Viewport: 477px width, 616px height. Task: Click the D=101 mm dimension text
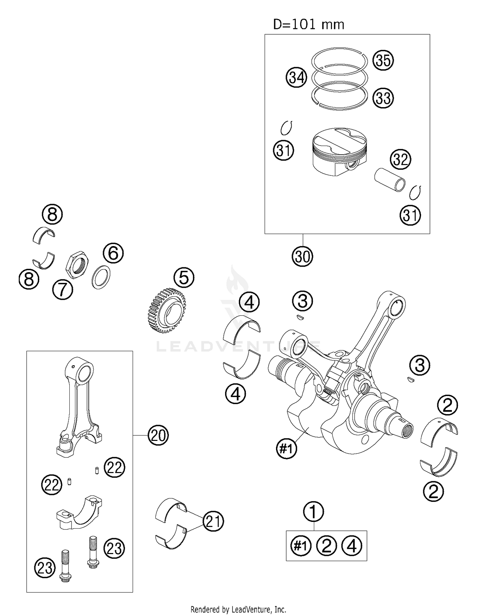click(x=308, y=24)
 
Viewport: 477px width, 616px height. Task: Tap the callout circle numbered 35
click(x=383, y=60)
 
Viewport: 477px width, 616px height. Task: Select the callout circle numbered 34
click(x=296, y=78)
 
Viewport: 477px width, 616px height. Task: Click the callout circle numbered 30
click(x=302, y=257)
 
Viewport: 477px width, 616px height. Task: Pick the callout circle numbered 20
click(x=158, y=435)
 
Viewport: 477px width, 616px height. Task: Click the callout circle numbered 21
click(x=213, y=522)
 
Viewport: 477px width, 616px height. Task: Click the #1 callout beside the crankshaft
click(x=286, y=448)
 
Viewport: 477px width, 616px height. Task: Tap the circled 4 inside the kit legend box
click(x=352, y=546)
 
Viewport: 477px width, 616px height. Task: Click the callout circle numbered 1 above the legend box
click(x=313, y=512)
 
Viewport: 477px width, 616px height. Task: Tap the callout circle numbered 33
click(x=383, y=98)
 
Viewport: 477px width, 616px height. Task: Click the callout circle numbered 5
click(x=184, y=277)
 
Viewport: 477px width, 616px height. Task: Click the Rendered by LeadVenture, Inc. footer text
click(x=238, y=609)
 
